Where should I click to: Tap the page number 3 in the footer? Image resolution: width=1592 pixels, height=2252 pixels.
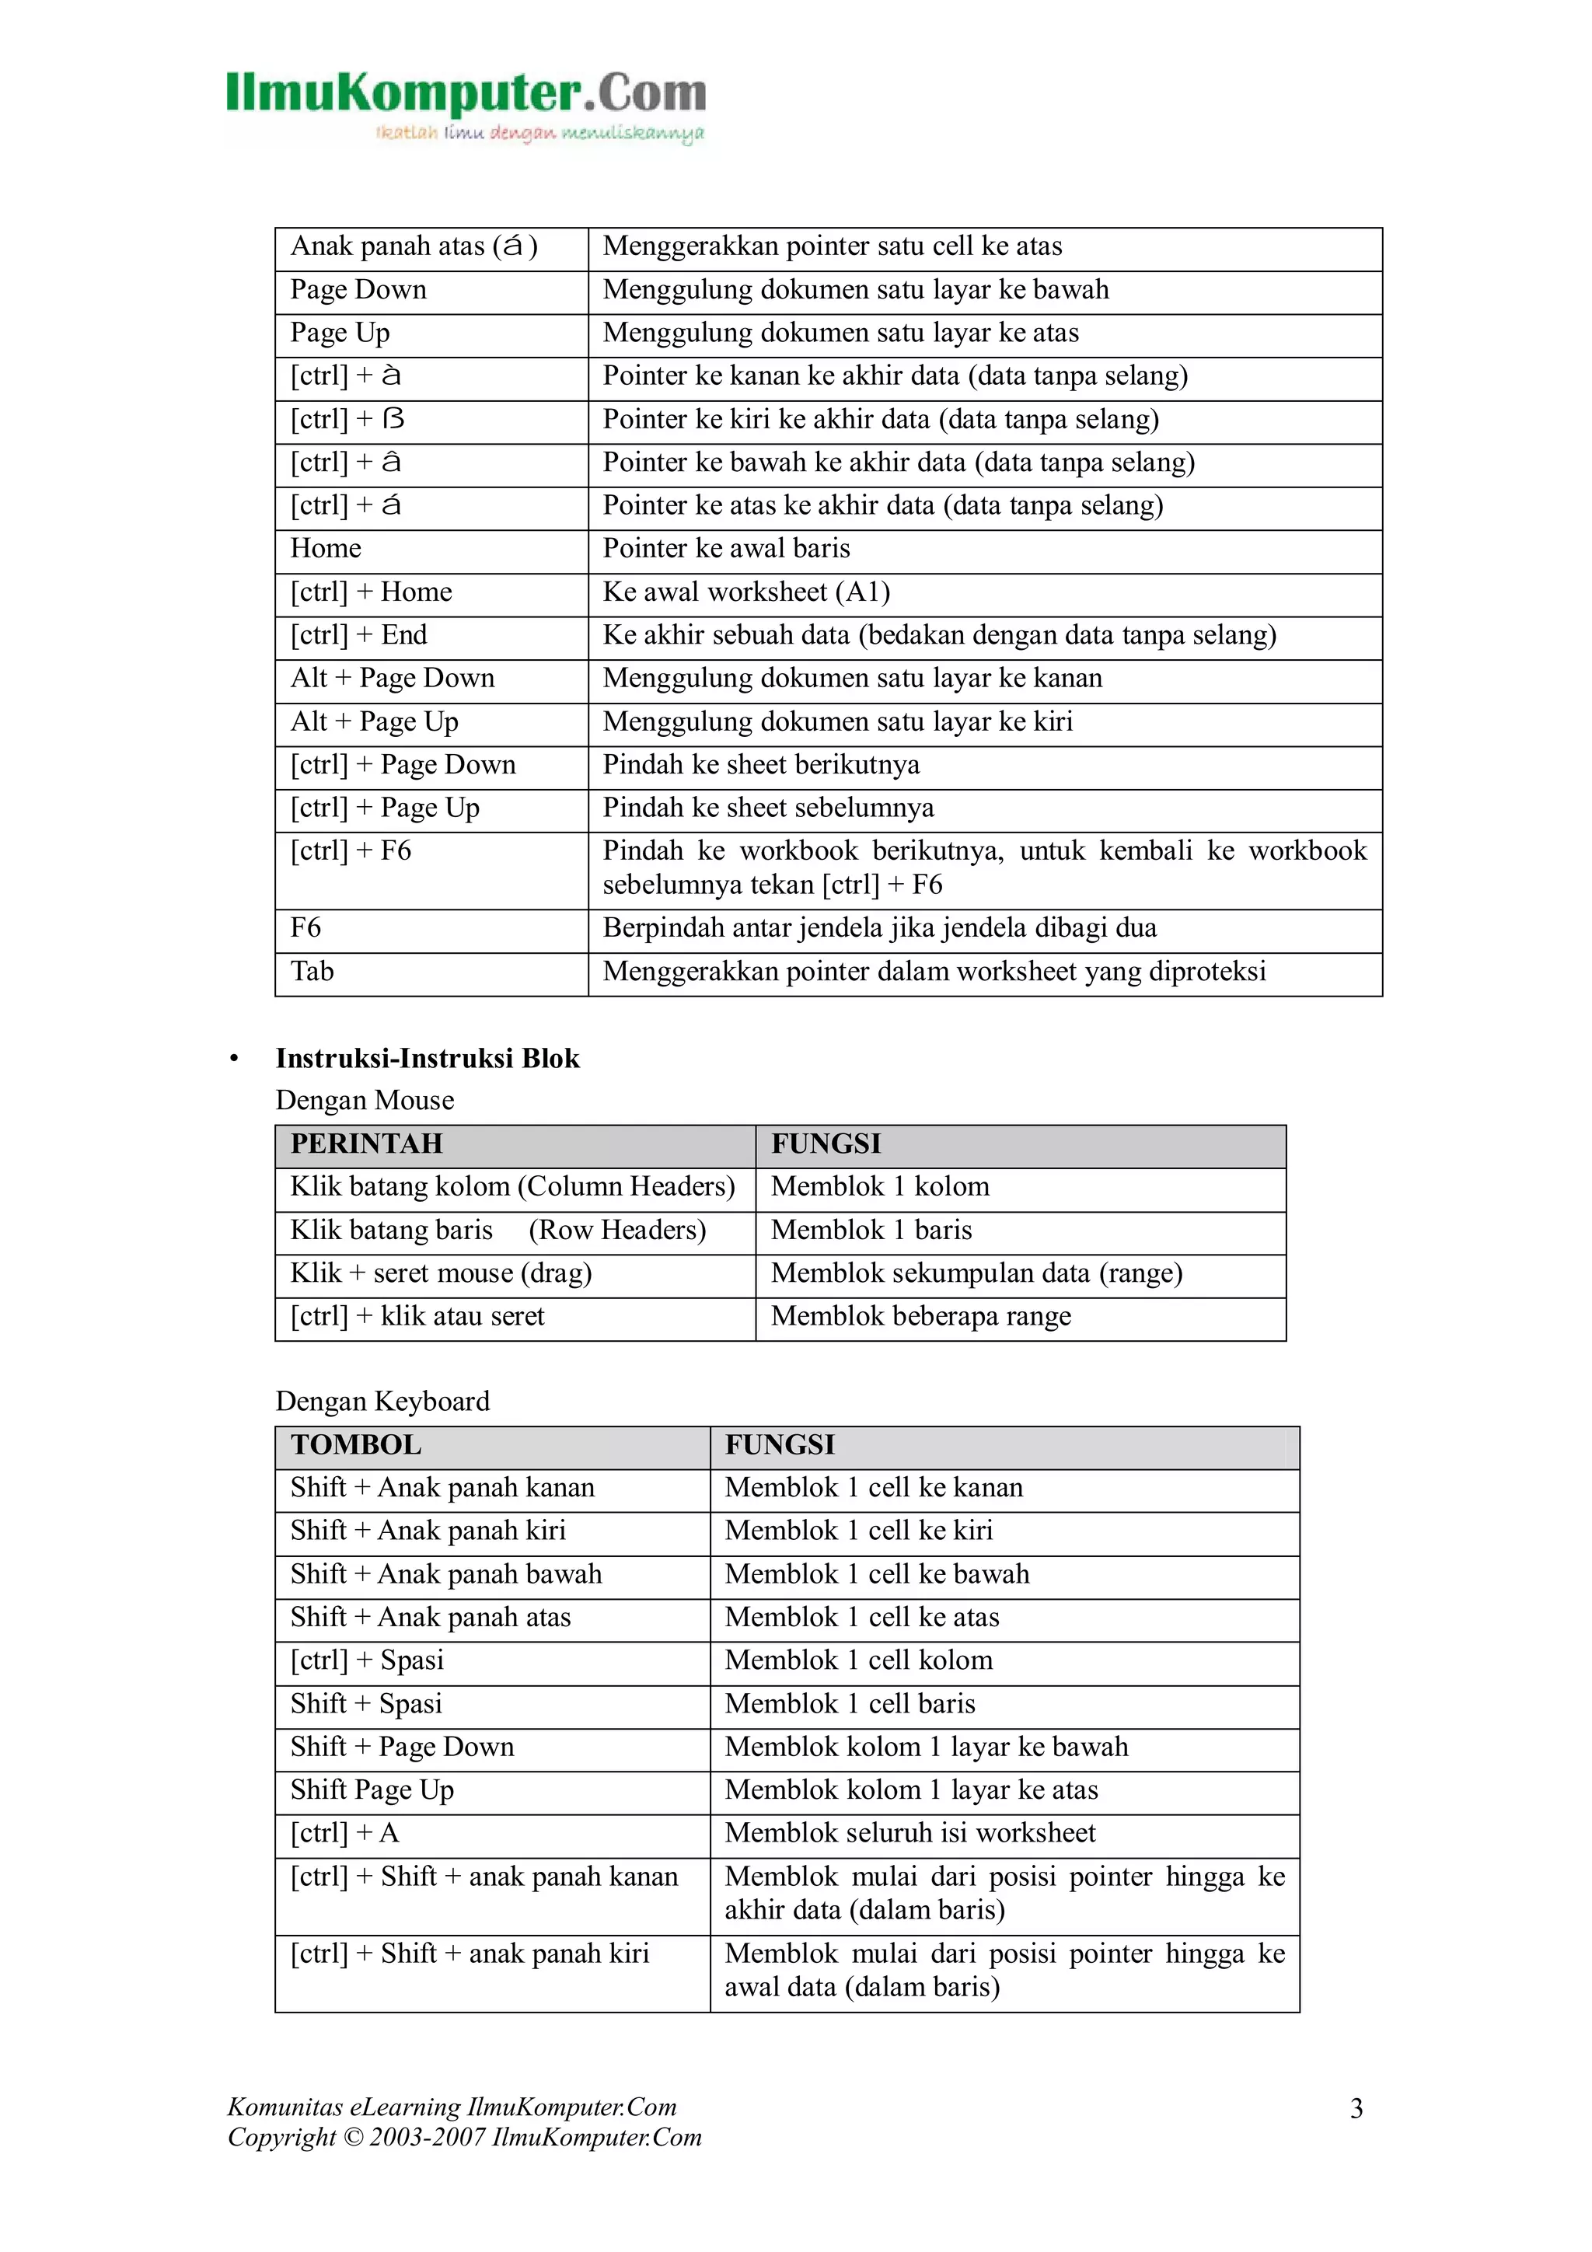[x=1356, y=2108]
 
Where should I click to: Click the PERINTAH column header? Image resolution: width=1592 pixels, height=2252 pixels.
[x=366, y=1143]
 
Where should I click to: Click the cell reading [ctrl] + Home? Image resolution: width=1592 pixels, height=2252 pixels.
[x=371, y=592]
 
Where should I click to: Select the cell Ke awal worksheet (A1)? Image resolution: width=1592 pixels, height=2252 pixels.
[x=745, y=592]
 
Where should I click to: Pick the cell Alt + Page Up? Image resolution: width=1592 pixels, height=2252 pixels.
[x=374, y=722]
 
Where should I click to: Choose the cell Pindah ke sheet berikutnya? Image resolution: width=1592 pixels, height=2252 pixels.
[x=760, y=765]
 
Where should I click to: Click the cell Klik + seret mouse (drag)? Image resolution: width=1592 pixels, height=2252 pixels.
[x=441, y=1273]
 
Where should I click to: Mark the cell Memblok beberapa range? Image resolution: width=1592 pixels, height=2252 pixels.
[x=920, y=1316]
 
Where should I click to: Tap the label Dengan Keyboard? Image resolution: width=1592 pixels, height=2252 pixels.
[x=382, y=1401]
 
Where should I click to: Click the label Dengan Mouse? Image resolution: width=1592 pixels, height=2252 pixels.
[x=365, y=1101]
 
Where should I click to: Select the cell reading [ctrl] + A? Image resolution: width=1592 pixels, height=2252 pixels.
[x=344, y=1833]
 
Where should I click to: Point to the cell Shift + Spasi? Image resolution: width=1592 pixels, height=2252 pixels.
[x=366, y=1704]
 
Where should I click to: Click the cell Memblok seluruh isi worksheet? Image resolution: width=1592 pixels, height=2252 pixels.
[x=909, y=1833]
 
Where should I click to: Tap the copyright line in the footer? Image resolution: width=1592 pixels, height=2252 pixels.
[x=464, y=2139]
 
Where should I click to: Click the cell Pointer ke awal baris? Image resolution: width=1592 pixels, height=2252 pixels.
[x=726, y=550]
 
